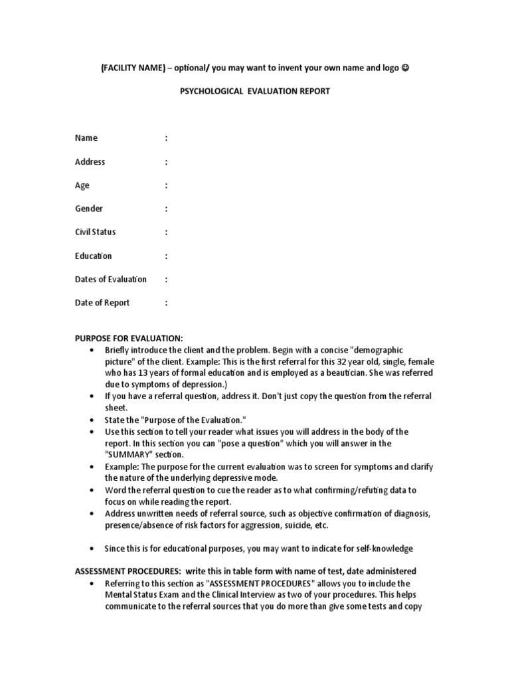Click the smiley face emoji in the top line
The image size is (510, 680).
406,68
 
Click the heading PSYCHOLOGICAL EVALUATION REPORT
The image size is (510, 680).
255,92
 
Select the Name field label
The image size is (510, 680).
86,138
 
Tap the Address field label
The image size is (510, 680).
90,162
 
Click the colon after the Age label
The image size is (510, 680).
166,185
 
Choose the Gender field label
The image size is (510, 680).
89,209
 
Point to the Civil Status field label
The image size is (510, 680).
95,232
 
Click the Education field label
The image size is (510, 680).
93,256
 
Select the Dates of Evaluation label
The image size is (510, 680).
111,280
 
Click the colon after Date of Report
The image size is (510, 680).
166,303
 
